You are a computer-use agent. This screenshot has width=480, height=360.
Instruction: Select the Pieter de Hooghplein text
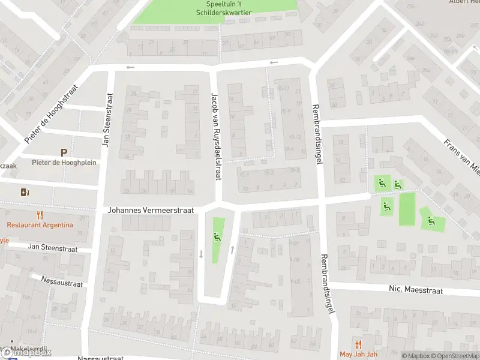[x=64, y=163]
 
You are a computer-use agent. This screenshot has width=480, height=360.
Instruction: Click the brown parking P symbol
[x=64, y=153]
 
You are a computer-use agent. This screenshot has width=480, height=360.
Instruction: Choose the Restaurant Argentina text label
[x=40, y=225]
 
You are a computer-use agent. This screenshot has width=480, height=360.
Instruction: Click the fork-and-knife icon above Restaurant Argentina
[x=40, y=215]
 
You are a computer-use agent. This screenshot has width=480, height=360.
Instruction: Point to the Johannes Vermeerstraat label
[x=151, y=211]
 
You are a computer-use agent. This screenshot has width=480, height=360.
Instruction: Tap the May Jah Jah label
[x=359, y=354]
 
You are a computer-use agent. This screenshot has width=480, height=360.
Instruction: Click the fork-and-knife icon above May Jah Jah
[x=359, y=344]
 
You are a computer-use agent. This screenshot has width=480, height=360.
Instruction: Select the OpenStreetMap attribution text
[x=454, y=356]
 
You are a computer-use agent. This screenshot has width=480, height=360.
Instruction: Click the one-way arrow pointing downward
[x=200, y=254]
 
